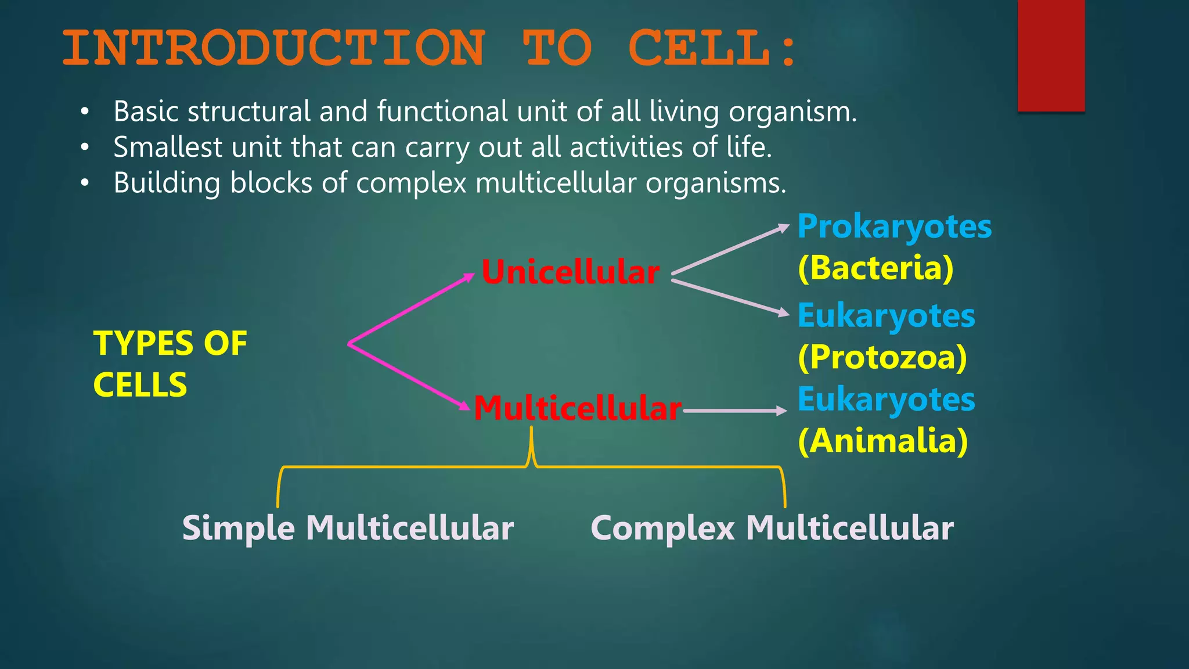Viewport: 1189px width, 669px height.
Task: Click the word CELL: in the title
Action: coord(712,48)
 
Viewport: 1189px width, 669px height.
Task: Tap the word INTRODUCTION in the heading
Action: coord(273,48)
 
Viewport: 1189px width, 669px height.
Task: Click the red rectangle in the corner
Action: coord(1051,55)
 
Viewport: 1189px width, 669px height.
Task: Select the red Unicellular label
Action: coord(570,272)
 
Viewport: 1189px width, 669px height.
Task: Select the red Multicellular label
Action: coord(578,408)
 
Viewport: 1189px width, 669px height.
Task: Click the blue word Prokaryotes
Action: coord(894,227)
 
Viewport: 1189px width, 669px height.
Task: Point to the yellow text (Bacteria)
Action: coord(875,268)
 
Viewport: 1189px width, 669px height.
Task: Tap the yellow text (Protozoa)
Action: coord(882,357)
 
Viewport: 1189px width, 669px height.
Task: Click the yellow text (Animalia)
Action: coord(882,441)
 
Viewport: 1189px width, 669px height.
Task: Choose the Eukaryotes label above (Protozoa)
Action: coord(886,316)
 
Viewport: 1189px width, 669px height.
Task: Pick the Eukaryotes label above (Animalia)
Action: coord(886,400)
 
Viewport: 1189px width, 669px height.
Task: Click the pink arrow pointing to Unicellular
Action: coord(412,308)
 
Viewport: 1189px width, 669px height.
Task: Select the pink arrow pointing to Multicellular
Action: coord(409,377)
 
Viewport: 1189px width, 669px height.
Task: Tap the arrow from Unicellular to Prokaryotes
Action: coord(730,249)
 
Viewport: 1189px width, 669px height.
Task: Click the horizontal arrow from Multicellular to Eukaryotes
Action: coord(734,411)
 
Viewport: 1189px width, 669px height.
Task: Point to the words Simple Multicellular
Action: coord(348,528)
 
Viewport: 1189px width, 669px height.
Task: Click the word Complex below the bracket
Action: coord(662,528)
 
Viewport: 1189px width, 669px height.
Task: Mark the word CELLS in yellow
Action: coord(140,385)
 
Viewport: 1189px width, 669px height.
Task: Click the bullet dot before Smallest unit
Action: coord(85,148)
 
